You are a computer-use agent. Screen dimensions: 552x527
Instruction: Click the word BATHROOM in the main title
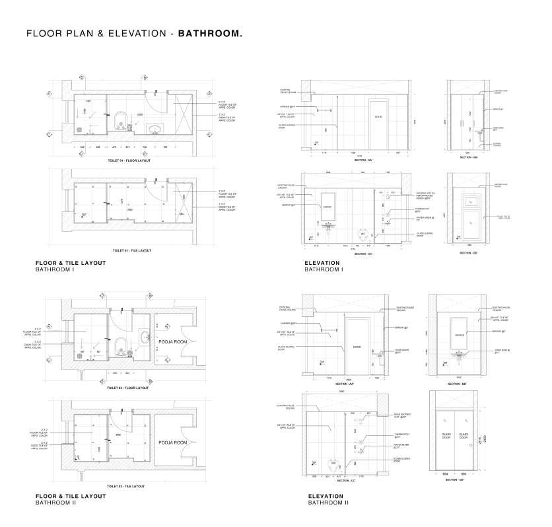[209, 33]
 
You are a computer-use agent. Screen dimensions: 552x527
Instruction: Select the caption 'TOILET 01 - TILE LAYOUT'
[132, 250]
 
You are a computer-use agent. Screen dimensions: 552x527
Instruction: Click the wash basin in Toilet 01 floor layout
[156, 129]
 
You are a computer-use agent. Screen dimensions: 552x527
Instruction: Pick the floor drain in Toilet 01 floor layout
[80, 129]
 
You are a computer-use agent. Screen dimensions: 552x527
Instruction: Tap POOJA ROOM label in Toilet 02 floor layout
[173, 341]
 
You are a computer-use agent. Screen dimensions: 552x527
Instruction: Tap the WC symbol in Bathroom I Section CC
[361, 234]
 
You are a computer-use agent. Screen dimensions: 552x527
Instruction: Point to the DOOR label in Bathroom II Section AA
[357, 347]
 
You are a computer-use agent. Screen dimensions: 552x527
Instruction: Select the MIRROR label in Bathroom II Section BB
[460, 335]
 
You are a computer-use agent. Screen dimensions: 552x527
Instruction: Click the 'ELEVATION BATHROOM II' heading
[326, 499]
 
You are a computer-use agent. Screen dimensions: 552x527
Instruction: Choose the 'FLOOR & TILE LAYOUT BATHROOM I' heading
[71, 266]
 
